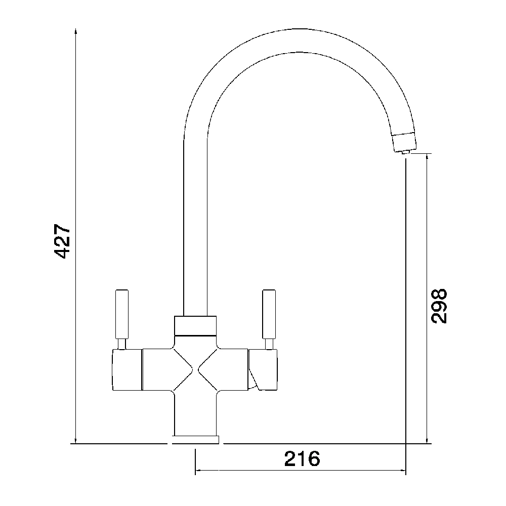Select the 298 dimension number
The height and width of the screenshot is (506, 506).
pos(438,306)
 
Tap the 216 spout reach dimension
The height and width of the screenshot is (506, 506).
pos(302,459)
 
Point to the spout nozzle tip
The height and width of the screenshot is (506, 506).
pos(405,150)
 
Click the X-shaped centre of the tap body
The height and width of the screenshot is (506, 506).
pos(196,370)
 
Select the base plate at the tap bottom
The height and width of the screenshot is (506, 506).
pos(196,439)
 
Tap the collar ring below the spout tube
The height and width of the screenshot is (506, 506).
pos(196,326)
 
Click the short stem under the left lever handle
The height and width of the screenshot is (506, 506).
pos(122,344)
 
